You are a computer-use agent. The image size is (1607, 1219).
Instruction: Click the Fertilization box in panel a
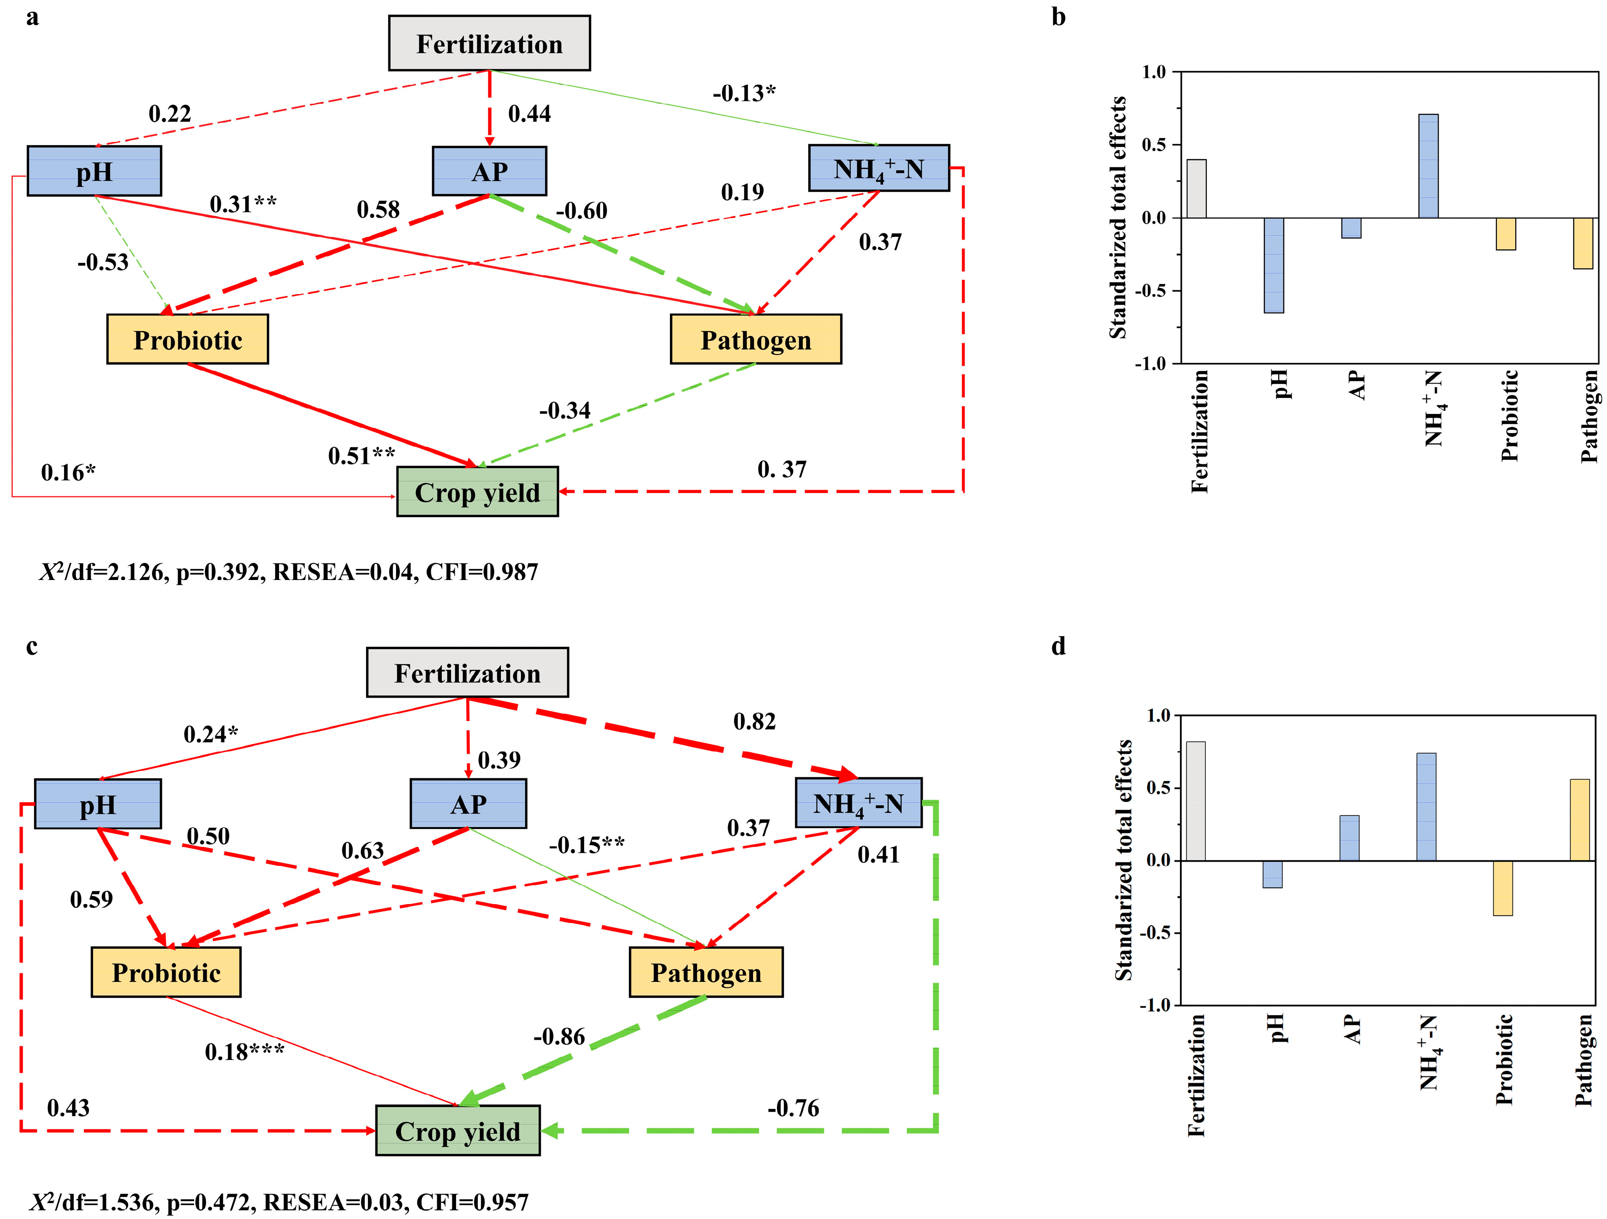coord(489,44)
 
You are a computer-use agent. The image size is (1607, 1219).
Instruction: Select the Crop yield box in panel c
coord(458,1131)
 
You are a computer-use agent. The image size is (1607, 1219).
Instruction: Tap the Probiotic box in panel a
coord(187,339)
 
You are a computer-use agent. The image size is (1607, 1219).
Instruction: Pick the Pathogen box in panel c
coord(706,972)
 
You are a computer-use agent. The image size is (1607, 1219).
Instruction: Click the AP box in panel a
coord(489,172)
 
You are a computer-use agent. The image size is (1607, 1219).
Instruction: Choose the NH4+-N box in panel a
coord(878,169)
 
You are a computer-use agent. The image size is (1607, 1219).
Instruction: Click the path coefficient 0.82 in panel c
coord(754,722)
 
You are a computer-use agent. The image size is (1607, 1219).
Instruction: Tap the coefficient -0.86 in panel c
coord(559,1037)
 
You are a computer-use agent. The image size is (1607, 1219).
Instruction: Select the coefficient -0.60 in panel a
coord(581,211)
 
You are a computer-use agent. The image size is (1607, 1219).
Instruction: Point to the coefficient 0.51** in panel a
coord(361,456)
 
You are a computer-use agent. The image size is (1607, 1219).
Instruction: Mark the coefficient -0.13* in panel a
coord(743,93)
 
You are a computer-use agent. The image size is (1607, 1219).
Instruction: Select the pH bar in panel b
coord(1274,265)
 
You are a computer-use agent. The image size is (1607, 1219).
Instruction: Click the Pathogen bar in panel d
coord(1579,819)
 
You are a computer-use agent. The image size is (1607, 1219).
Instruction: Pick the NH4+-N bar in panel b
coord(1428,166)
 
